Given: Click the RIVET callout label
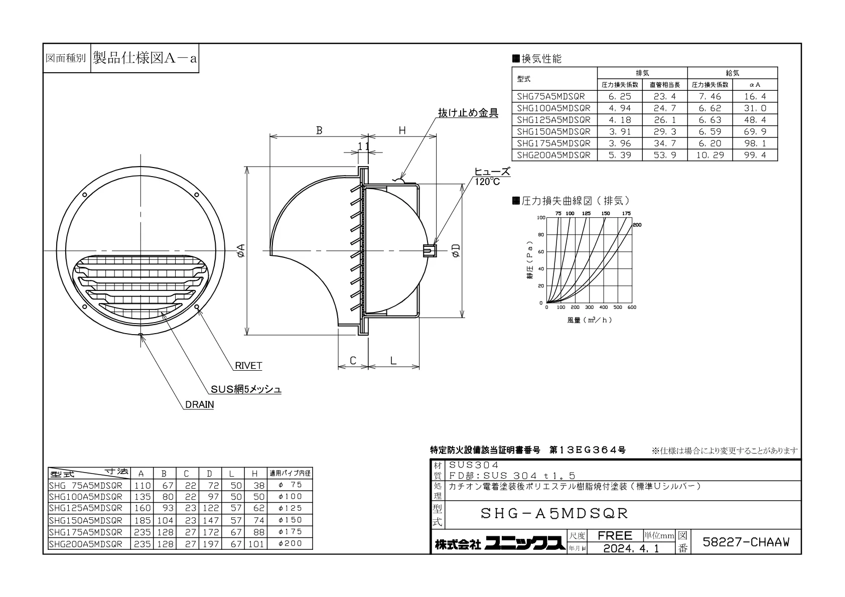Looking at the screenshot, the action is pos(248,365).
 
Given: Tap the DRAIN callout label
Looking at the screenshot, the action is pos(200,405).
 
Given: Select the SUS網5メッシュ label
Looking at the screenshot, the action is pos(246,389).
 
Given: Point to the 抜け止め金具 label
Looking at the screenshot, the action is pos(468,113).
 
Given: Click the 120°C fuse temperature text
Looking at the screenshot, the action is pos(487,182).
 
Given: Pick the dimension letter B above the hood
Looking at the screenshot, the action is pos(319,130).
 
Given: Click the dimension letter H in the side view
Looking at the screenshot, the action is pos(402,130).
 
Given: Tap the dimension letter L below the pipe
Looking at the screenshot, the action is pos(393,361).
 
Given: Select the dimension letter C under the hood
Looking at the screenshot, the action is pos(353,361).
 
